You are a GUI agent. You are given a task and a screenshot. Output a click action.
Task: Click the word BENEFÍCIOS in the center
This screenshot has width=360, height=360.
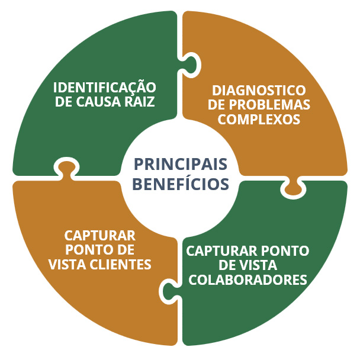pos(181,184)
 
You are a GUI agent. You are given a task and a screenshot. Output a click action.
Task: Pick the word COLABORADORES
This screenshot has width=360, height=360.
pos(247,279)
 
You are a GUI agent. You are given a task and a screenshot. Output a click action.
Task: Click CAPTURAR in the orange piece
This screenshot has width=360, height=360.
pos(100,235)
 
